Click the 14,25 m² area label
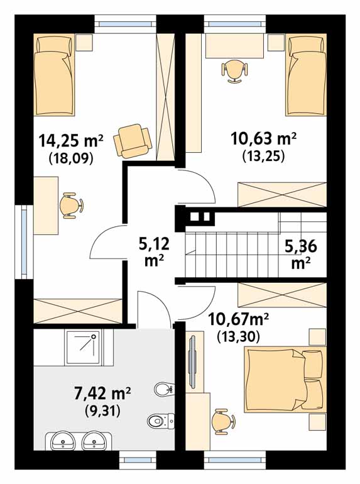pos(71,141)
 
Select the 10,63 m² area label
pos(264,138)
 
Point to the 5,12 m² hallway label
pos(155,253)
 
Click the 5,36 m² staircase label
pos(301,255)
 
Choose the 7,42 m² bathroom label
pos(102,394)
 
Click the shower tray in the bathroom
pos(84,348)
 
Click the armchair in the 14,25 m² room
pos(133,140)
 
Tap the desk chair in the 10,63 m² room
pos(234,71)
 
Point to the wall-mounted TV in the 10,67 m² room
pos(192,361)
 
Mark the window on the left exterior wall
pos(24,242)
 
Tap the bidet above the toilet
pos(163,389)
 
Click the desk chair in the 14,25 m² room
pos(71,206)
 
